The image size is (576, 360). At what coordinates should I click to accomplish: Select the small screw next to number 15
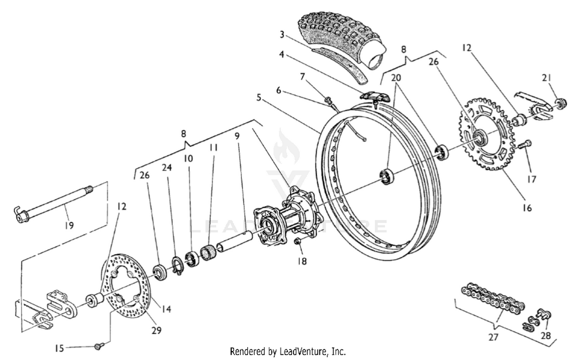point(97,347)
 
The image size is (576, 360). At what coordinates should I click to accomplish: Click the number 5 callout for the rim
point(259,98)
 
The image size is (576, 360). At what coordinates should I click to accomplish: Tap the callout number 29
point(156,330)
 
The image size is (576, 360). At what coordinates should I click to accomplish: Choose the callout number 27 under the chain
point(493,337)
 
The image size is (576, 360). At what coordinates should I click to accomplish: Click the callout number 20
point(396,78)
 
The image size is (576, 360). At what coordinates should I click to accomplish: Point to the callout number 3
point(282,35)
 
